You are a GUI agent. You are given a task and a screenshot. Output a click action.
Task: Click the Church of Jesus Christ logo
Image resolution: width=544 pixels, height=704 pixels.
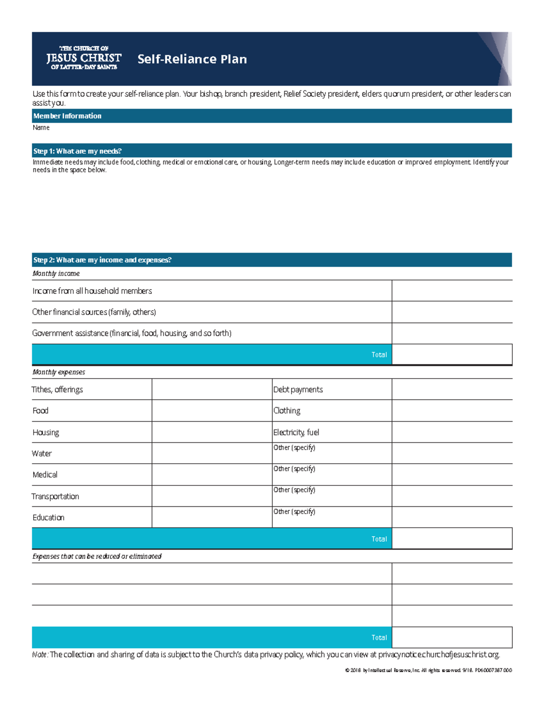point(84,58)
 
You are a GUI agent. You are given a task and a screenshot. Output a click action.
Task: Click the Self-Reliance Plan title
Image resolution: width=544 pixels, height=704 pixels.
point(192,59)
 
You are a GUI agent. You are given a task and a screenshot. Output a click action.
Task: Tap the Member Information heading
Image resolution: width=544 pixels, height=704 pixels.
point(67,116)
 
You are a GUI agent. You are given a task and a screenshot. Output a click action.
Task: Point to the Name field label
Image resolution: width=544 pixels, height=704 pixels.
point(41,128)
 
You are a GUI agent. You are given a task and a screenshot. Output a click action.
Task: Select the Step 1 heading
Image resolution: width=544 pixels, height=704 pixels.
point(78,151)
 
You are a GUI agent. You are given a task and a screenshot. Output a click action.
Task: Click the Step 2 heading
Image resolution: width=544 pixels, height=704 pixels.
point(102,260)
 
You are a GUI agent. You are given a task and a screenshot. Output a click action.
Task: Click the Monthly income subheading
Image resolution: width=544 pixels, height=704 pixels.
point(56,273)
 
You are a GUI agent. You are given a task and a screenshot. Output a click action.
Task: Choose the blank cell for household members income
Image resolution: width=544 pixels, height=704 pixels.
point(452,291)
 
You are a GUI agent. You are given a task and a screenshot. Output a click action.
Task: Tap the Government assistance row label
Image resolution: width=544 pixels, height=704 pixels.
point(131,333)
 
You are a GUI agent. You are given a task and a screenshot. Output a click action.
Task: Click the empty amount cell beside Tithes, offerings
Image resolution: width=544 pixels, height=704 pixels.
point(212,389)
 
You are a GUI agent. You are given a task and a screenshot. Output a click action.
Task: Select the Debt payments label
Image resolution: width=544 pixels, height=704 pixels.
point(298,389)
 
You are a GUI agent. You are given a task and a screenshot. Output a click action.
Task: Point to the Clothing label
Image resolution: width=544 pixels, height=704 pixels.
point(287,411)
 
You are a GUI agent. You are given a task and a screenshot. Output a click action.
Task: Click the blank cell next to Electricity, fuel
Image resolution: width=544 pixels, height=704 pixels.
point(452,432)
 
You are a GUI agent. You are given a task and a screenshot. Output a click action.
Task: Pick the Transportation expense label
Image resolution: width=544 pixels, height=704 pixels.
point(55,496)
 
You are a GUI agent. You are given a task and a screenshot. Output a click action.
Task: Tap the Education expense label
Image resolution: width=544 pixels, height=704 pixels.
point(48,517)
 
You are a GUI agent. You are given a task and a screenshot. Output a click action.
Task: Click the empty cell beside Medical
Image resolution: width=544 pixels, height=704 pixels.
point(212,475)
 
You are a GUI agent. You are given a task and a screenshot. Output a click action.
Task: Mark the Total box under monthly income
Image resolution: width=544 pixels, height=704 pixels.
point(452,354)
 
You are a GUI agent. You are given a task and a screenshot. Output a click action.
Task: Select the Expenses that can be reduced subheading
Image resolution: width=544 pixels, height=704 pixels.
point(97,556)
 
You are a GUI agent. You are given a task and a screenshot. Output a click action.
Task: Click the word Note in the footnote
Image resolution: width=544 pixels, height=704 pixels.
point(39,655)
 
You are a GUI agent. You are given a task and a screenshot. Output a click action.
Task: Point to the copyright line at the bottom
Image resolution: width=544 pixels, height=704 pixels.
point(428,670)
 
